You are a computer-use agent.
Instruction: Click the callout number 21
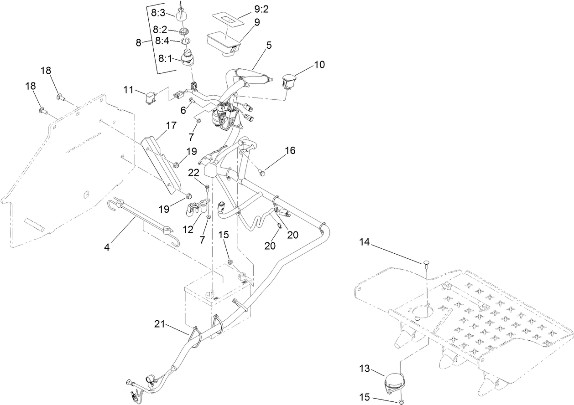point(159,324)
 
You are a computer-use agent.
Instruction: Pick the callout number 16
point(290,150)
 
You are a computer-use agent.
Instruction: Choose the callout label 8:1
point(166,58)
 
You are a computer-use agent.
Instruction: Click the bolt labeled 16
point(261,173)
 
